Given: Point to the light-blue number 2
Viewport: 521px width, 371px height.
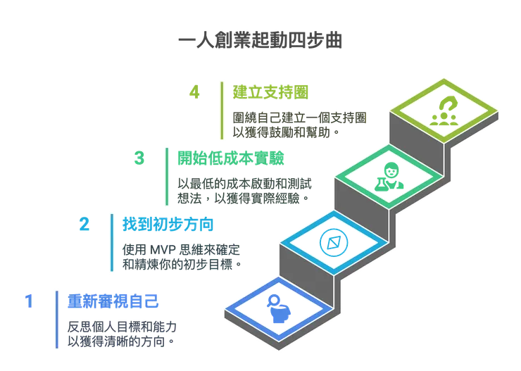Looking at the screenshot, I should point(83,226).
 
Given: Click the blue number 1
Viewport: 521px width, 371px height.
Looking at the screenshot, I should point(28,301).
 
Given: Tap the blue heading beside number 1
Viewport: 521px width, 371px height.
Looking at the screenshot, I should point(111,301).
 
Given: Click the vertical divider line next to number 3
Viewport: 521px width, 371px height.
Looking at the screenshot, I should point(166,176).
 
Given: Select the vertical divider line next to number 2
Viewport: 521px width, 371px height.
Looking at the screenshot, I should point(111,241).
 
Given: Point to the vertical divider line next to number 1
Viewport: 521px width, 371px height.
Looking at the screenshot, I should point(56,318).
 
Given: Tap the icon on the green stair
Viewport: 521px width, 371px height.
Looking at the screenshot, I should point(388,177).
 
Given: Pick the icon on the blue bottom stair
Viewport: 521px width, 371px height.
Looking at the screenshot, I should point(277,308).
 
